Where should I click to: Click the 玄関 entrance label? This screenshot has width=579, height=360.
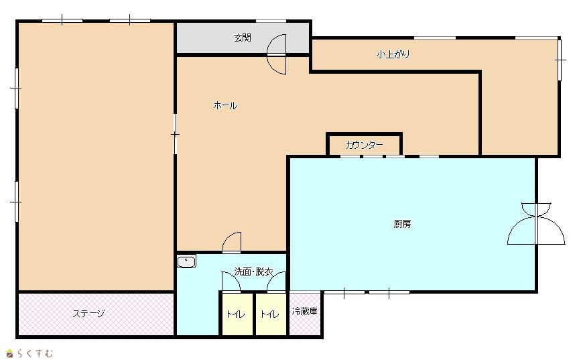pyautogui.click(x=242, y=38)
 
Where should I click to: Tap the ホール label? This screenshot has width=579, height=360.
pyautogui.click(x=225, y=106)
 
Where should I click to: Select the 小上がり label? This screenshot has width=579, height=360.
pyautogui.click(x=393, y=54)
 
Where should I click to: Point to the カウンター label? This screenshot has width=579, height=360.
pyautogui.click(x=364, y=145)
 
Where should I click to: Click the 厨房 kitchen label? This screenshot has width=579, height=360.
pyautogui.click(x=402, y=224)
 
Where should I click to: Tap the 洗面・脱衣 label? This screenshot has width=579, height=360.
pyautogui.click(x=254, y=272)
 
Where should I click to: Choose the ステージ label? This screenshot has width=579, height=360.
pyautogui.click(x=88, y=314)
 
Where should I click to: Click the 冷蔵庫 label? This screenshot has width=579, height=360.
pyautogui.click(x=305, y=311)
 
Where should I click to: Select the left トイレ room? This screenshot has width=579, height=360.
pyautogui.click(x=237, y=314)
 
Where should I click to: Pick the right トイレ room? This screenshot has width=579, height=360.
pyautogui.click(x=271, y=314)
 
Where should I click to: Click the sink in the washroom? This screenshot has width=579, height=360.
pyautogui.click(x=186, y=261)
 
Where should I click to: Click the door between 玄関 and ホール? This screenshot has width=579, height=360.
pyautogui.click(x=277, y=54)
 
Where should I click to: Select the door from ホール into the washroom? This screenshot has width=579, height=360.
pyautogui.click(x=231, y=243)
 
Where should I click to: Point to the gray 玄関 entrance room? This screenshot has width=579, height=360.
pyautogui.click(x=243, y=38)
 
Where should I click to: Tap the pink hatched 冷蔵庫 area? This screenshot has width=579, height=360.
pyautogui.click(x=305, y=314)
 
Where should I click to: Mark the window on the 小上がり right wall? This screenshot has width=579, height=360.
pyautogui.click(x=560, y=60)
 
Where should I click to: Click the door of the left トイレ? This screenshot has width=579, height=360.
pyautogui.click(x=231, y=282)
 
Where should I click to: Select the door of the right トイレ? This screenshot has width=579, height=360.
pyautogui.click(x=277, y=282)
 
